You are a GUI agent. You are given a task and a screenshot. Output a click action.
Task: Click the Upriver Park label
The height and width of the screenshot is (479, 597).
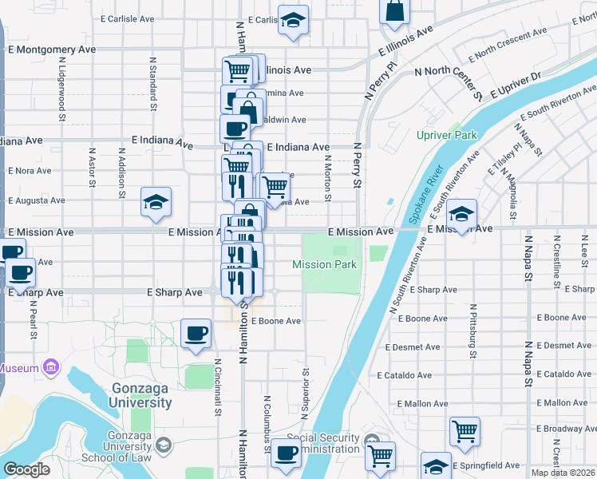[446, 135]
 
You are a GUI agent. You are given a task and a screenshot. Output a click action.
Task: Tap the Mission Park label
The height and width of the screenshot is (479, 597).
[324, 264]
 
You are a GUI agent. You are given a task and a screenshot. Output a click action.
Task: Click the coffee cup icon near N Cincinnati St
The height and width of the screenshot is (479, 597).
[196, 334]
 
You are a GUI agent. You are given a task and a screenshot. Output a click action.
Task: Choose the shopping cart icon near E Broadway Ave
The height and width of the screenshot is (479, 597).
[465, 431]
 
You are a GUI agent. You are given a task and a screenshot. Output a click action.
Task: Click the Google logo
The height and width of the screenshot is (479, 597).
[26, 469]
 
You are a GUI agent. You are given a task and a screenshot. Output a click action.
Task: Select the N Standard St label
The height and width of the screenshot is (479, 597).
[152, 81]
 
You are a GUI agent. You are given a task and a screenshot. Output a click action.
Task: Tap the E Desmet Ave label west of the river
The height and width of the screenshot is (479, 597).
[412, 347]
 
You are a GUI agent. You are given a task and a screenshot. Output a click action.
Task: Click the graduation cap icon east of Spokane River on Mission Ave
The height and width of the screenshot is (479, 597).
[461, 213]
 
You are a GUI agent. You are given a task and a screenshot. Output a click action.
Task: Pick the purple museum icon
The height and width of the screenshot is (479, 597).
[51, 368]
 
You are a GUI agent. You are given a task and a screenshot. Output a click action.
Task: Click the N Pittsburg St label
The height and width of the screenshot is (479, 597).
[473, 329]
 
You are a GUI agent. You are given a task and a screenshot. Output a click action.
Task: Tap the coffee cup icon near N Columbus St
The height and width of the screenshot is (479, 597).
[286, 453]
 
